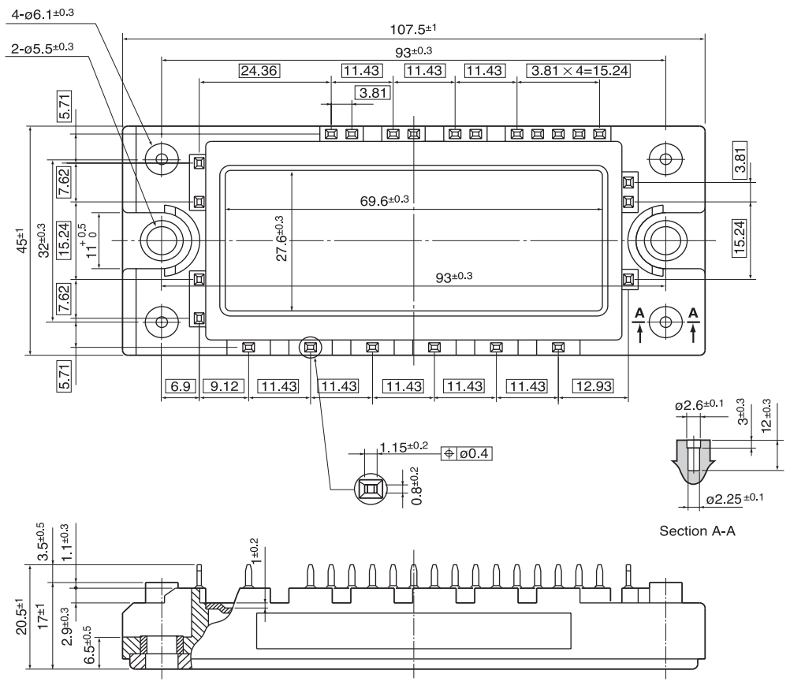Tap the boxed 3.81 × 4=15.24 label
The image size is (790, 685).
click(579, 71)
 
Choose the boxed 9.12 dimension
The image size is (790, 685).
click(224, 386)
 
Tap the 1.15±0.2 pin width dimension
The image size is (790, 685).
click(403, 447)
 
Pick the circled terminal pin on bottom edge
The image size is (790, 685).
click(310, 347)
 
